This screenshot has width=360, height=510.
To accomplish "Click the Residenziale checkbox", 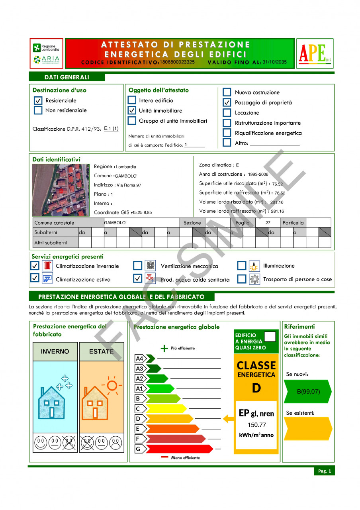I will click(38, 101).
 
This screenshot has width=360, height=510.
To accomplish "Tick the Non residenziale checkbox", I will click(38, 110).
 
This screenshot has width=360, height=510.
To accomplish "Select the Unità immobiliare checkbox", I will click(132, 110).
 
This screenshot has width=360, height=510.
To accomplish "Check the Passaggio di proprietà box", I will click(227, 102).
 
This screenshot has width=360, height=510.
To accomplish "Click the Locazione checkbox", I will click(227, 113).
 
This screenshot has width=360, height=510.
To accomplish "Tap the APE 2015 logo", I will click(315, 53).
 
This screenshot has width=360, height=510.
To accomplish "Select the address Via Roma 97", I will click(129, 185).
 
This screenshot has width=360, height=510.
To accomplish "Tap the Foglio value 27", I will click(268, 223).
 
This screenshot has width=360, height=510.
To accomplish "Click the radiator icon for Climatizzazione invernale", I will click(48, 266).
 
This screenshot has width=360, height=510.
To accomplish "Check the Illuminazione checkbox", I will click(242, 266).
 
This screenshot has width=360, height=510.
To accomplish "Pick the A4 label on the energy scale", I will click(140, 358).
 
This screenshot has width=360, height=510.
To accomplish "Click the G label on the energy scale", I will click(139, 449).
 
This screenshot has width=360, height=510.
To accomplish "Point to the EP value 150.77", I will click(256, 425).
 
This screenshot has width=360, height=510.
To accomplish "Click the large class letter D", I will click(256, 388).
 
